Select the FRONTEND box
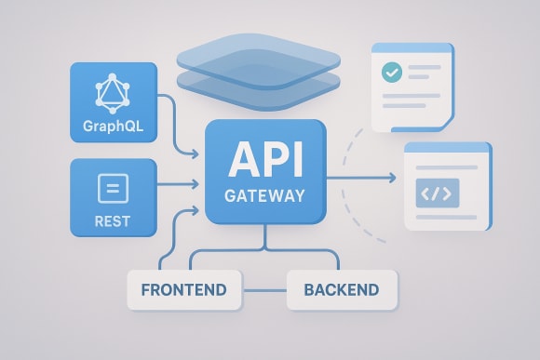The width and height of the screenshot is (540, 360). pyautogui.click(x=182, y=289)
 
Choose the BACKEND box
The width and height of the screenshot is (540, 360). pyautogui.click(x=341, y=289)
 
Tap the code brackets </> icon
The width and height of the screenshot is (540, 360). pyautogui.click(x=437, y=194)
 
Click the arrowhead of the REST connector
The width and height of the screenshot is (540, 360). pyautogui.click(x=198, y=181)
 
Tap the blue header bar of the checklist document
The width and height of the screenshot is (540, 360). pyautogui.click(x=412, y=47)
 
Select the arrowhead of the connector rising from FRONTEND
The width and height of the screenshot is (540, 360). pyautogui.click(x=198, y=210)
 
